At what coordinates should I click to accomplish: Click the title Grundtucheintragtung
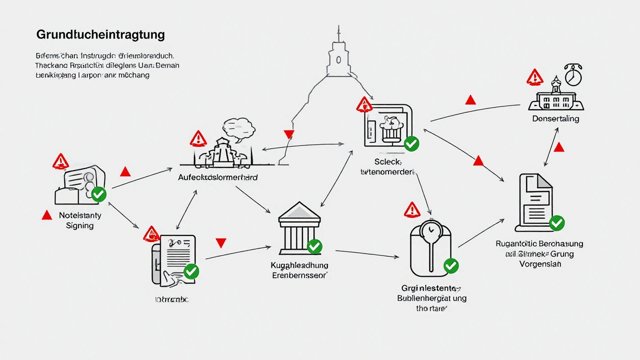[100, 35]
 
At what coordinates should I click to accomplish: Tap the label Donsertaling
[555, 118]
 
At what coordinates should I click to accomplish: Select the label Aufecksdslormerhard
[218, 177]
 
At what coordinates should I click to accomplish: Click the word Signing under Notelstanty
[79, 225]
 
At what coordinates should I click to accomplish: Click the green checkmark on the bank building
[314, 246]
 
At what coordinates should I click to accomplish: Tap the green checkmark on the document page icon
[556, 223]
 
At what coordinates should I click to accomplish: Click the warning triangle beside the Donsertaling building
[534, 77]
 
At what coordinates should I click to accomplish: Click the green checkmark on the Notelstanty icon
[98, 194]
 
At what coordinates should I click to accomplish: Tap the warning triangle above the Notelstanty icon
[60, 161]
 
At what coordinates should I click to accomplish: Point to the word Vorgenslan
[539, 263]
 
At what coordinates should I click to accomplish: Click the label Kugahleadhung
[299, 265]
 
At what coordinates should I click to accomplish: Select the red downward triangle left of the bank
[220, 243]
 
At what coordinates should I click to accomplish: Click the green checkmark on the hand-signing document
[191, 271]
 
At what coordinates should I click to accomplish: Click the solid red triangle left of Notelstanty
[46, 215]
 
